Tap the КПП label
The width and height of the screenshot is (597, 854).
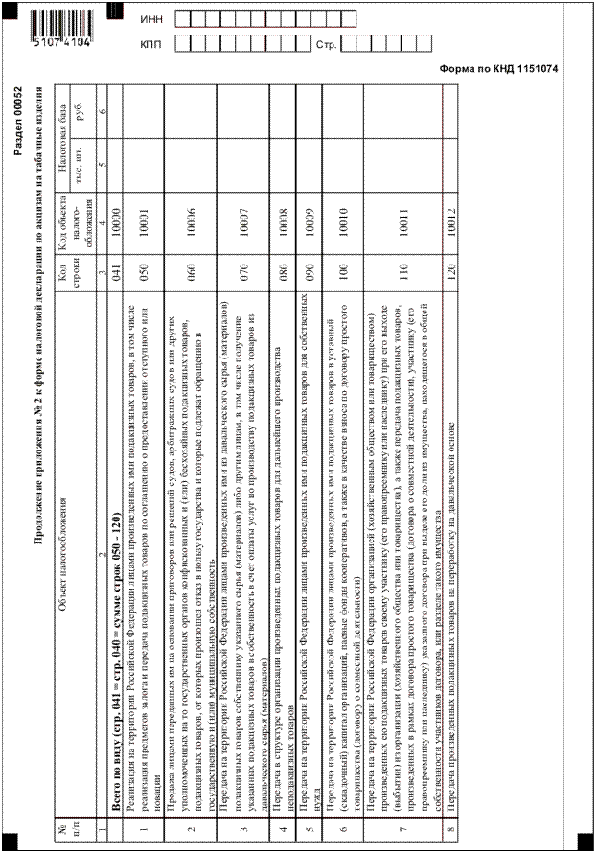click(150, 44)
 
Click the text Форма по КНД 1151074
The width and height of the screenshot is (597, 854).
click(498, 68)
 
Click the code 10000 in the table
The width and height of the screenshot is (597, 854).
click(115, 219)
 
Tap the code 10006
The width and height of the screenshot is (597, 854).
click(193, 219)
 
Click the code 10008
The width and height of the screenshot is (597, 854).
click(284, 219)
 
